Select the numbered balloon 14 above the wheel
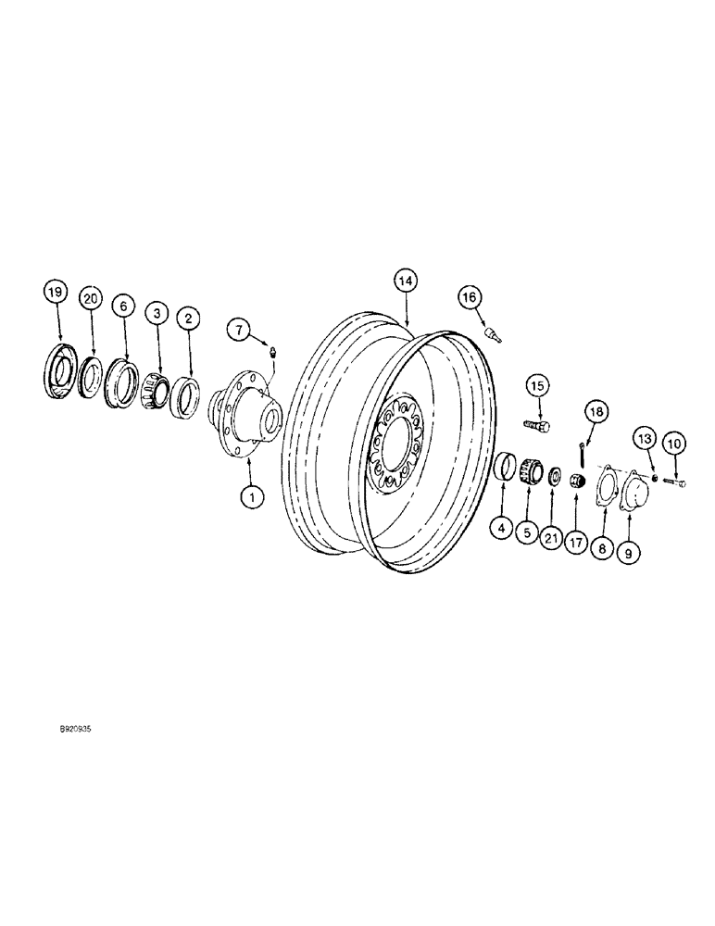point(405,281)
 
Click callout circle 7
point(240,328)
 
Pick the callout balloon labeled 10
point(674,445)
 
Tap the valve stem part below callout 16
point(492,335)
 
